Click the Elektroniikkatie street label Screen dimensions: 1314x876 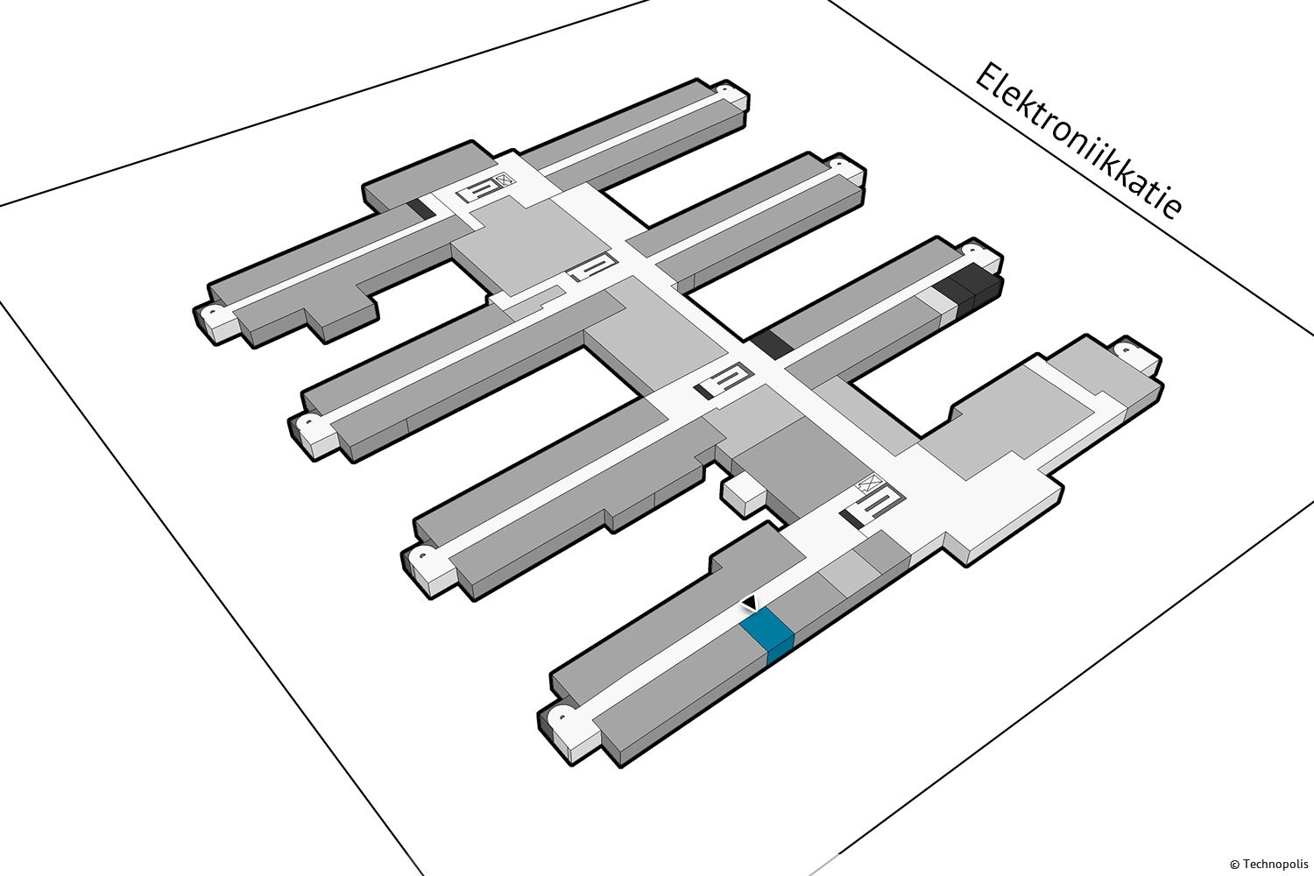[1078, 141]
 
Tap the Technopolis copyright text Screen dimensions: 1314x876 [1267, 863]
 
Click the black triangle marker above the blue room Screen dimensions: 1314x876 [749, 603]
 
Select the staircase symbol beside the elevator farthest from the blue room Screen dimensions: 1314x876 [480, 190]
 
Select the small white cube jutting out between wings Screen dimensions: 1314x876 [743, 495]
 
